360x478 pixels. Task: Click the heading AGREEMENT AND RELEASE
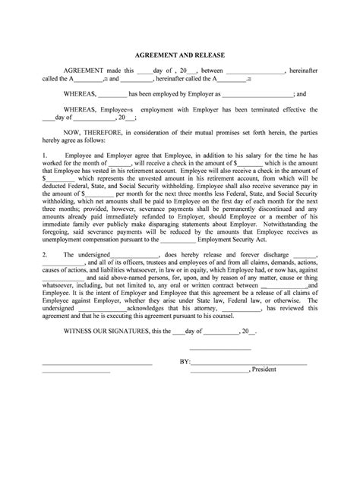tap(179, 56)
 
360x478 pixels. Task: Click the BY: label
tap(185, 362)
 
